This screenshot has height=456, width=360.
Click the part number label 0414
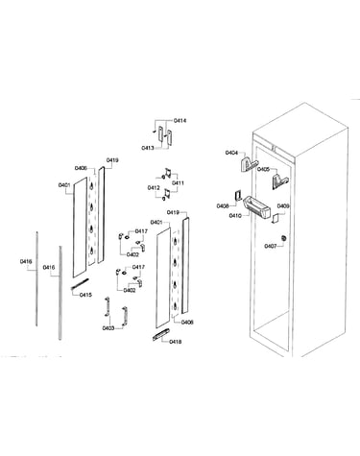[180, 121]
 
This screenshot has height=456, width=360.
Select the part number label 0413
[148, 148]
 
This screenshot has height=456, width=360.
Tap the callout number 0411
[178, 183]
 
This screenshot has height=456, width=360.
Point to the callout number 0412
[154, 188]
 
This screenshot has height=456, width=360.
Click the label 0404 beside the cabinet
[231, 153]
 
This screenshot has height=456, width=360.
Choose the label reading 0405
[264, 169]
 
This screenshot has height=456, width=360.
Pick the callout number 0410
[235, 216]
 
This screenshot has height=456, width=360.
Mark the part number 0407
[271, 247]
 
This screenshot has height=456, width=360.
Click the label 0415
[85, 295]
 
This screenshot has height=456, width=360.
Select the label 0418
[175, 342]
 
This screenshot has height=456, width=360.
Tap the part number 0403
[108, 328]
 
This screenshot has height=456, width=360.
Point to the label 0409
[283, 206]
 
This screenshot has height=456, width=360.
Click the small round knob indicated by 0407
[283, 238]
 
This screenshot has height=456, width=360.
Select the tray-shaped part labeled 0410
[257, 208]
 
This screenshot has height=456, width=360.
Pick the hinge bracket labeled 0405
[280, 181]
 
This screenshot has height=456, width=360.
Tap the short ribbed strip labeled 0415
[80, 284]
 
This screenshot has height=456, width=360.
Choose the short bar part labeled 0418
[161, 335]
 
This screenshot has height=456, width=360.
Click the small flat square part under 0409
[276, 219]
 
